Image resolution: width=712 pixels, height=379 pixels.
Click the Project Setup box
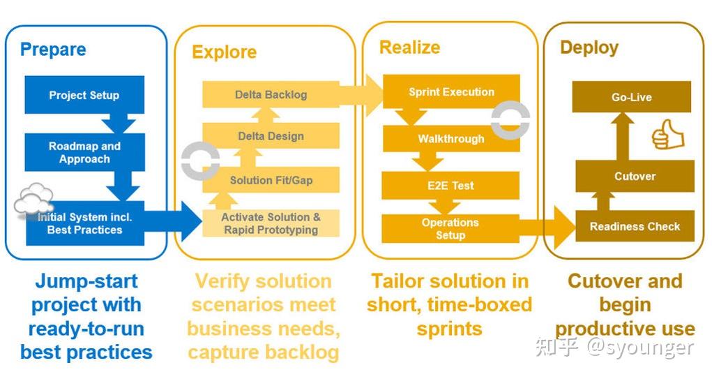(84, 95)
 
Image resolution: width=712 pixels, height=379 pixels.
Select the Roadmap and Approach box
(84, 153)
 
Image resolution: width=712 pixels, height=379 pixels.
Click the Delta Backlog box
(271, 94)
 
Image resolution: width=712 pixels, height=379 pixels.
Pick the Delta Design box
(271, 136)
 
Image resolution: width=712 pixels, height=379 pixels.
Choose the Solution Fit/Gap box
(271, 180)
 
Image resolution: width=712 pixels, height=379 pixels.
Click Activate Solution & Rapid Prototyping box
(271, 223)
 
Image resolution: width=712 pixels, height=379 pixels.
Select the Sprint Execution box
(451, 92)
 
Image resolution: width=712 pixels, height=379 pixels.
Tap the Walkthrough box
(450, 139)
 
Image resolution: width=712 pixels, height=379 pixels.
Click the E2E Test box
(450, 186)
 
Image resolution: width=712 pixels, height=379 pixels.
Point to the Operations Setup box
(450, 229)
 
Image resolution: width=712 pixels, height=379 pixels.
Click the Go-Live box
(631, 97)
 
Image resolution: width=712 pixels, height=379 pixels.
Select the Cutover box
(635, 176)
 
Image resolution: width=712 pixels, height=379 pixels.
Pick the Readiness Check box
(635, 226)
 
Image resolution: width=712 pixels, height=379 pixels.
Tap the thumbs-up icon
(667, 134)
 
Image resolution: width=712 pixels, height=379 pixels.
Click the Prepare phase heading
(53, 50)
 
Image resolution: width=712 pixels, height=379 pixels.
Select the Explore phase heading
(224, 52)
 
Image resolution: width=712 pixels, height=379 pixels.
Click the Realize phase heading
(409, 47)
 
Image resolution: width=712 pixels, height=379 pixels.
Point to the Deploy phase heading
(589, 47)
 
